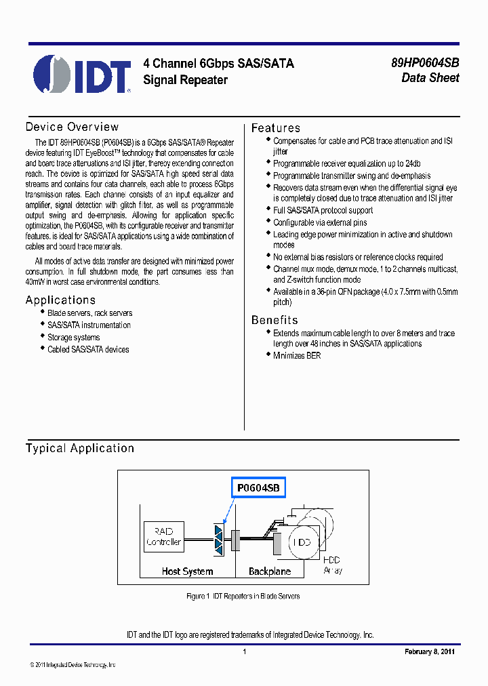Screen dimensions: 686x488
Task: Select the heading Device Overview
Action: [x=72, y=127]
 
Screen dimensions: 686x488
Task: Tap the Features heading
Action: [x=275, y=128]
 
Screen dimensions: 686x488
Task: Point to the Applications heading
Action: [x=60, y=300]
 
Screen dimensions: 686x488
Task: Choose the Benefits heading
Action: [x=274, y=320]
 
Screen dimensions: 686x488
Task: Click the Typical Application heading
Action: [x=80, y=448]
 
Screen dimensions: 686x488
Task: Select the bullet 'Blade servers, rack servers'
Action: [x=89, y=313]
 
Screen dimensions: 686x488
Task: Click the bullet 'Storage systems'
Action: [x=73, y=338]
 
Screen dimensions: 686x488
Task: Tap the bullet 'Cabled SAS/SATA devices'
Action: [x=87, y=350]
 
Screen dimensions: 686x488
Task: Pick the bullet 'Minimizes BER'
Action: [x=297, y=356]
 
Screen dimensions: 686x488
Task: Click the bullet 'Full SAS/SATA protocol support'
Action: [x=323, y=210]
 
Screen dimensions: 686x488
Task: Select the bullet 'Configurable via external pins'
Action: [x=320, y=222]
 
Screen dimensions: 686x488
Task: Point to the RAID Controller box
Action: [x=163, y=537]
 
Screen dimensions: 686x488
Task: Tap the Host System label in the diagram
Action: [x=187, y=571]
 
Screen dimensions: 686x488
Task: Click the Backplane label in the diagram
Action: [x=270, y=571]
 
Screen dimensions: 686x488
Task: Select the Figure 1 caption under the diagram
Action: [x=243, y=597]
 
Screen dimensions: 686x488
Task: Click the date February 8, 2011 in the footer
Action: [x=430, y=651]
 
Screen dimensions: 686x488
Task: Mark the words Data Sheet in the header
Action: [x=430, y=78]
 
